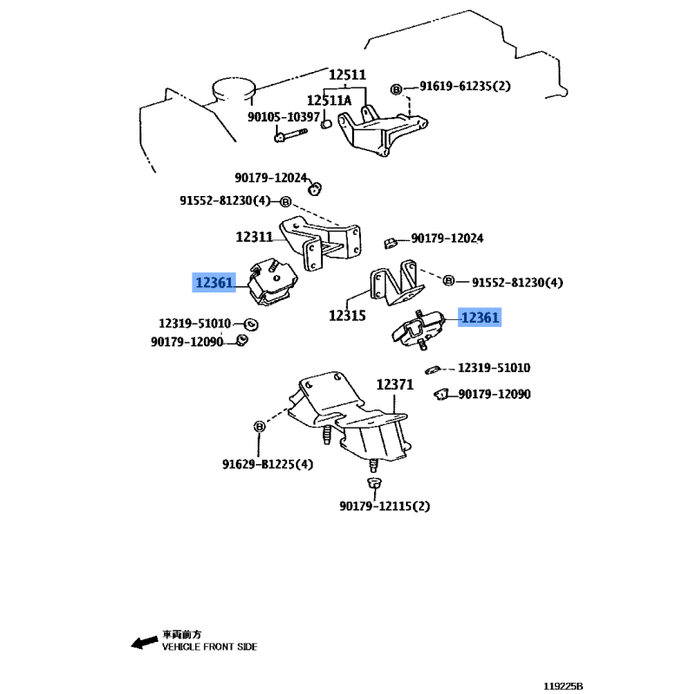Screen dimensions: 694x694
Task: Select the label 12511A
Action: [x=329, y=101]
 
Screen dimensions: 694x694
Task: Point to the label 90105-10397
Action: [x=284, y=117]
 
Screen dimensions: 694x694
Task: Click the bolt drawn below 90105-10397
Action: [x=290, y=134]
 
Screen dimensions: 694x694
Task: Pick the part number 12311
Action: [x=254, y=235]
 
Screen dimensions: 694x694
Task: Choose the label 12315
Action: [x=347, y=316]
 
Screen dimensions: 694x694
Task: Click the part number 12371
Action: [x=395, y=383]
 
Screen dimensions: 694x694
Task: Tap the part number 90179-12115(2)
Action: [x=384, y=506]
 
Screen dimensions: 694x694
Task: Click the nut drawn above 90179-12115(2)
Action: [x=374, y=481]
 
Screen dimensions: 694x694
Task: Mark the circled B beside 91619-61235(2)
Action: [x=396, y=88]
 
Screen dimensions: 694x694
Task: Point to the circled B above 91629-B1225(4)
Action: [x=259, y=426]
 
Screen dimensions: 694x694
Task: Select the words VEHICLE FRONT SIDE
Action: [x=209, y=647]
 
